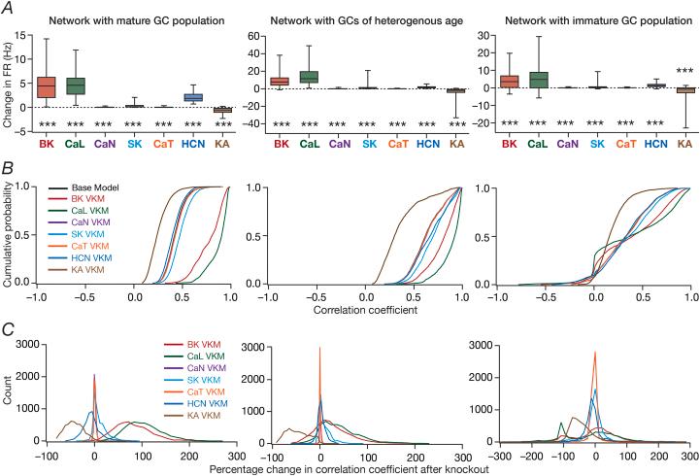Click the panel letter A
point(8,8)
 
